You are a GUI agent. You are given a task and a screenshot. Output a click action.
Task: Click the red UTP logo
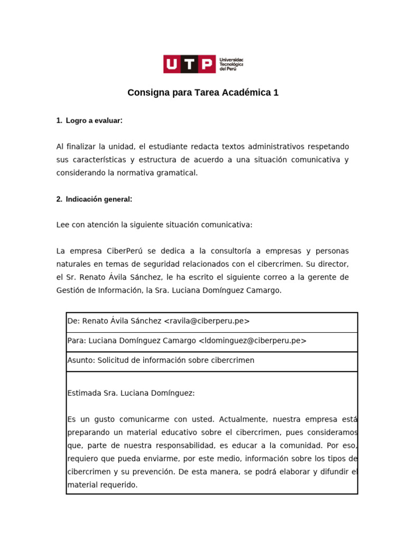tap(189, 64)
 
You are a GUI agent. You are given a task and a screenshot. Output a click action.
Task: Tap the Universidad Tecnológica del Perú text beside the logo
tap(231, 64)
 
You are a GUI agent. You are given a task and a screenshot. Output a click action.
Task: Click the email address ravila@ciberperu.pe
tap(207, 321)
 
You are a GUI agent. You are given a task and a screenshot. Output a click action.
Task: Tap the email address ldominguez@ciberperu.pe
tap(252, 341)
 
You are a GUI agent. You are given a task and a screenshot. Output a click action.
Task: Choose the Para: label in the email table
tap(77, 341)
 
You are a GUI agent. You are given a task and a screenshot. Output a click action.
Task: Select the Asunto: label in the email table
tap(81, 360)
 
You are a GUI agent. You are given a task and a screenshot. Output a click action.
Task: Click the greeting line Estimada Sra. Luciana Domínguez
tap(131, 393)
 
